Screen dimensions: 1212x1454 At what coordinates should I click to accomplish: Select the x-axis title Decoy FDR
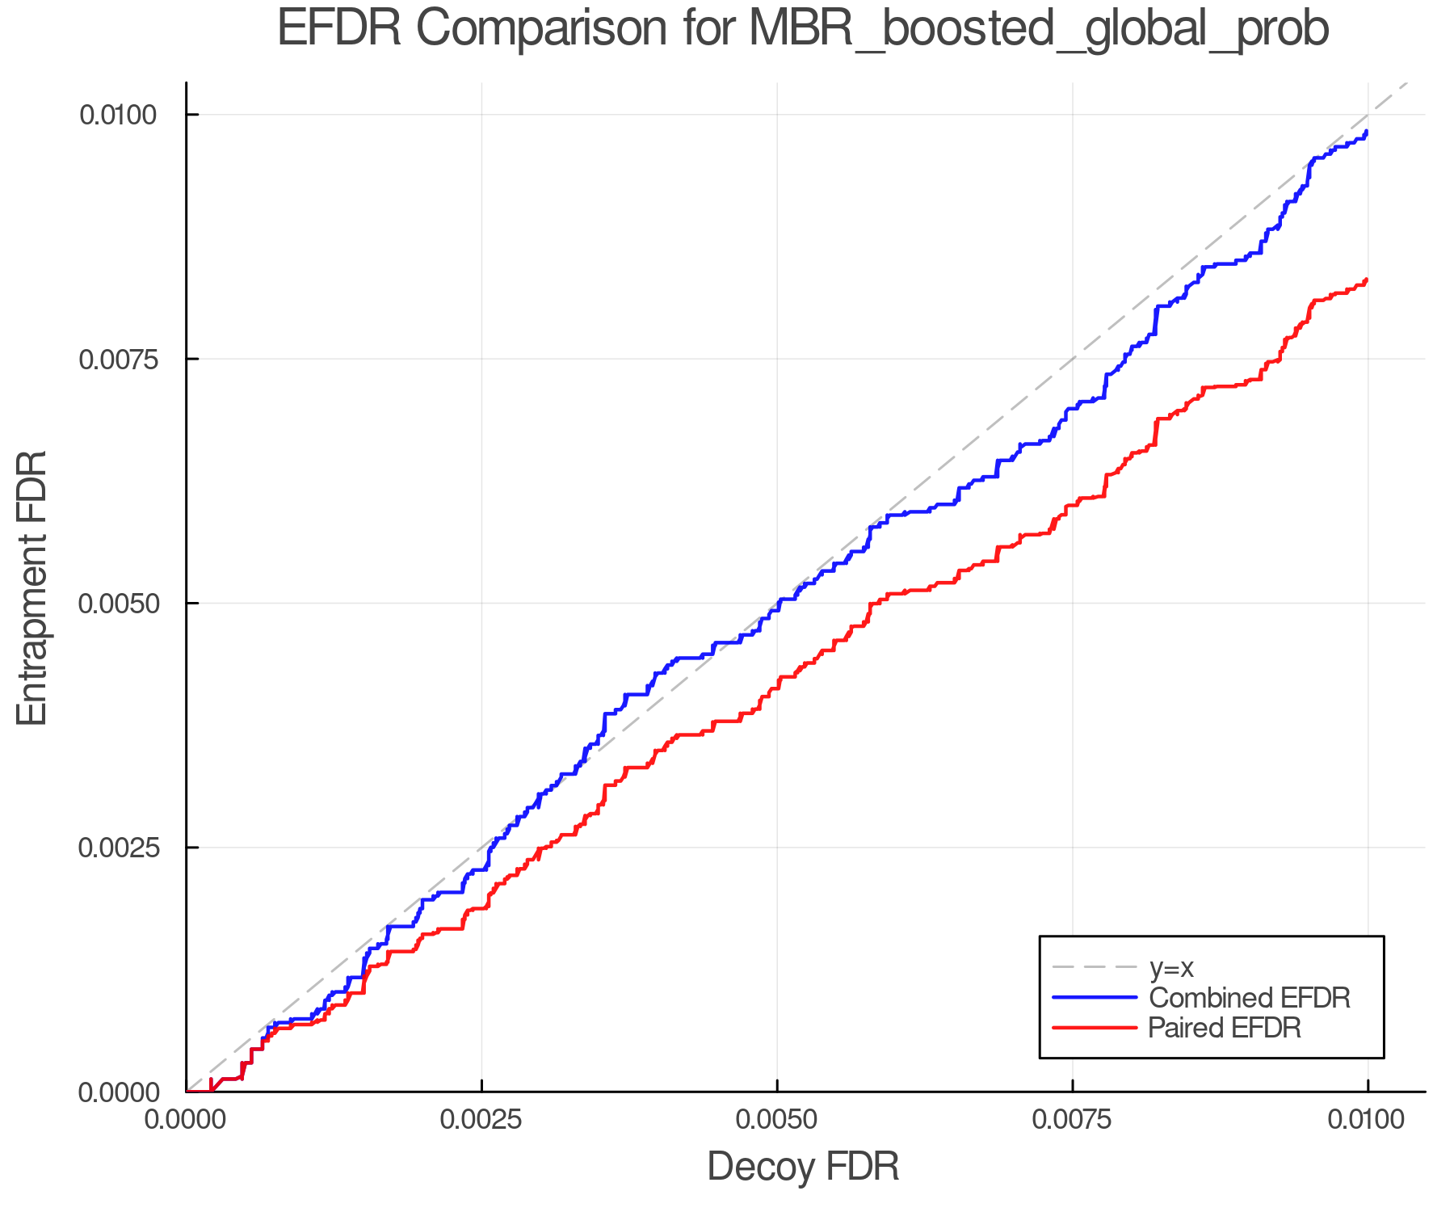803,1167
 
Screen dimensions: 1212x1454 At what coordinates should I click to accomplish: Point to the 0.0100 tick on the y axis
117,115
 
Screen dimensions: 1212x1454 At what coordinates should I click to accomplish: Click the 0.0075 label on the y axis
117,359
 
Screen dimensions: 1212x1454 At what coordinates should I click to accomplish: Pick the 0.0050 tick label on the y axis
117,604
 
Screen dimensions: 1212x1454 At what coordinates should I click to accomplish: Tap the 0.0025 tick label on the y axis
117,848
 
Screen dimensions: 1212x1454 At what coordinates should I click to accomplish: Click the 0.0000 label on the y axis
117,1092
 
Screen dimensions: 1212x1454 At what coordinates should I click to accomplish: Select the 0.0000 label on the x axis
187,1120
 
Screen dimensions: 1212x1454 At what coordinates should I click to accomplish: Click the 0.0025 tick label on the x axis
481,1120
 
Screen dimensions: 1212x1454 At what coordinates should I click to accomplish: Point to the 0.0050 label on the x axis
777,1120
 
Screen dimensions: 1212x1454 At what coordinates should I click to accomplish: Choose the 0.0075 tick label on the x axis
1072,1120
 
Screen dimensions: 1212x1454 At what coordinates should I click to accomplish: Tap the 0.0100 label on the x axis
1367,1120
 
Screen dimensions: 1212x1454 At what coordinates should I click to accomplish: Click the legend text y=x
1171,967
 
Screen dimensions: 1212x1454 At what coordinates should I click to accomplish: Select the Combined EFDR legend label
1249,997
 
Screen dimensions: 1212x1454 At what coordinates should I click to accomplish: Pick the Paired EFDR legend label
1225,1028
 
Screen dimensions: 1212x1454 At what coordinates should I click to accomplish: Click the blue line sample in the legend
1095,997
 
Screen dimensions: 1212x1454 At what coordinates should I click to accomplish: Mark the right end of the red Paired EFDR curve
1366,280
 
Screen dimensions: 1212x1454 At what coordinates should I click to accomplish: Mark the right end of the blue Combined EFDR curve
1366,131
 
